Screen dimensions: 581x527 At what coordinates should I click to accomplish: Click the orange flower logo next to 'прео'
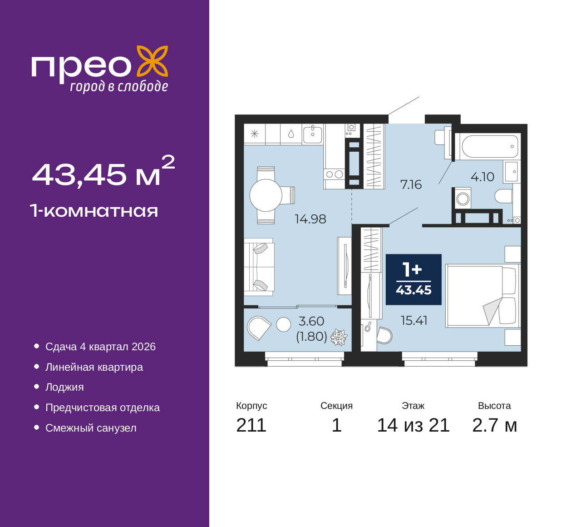[x=153, y=61]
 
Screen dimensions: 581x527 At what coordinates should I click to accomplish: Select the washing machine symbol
[x=463, y=199]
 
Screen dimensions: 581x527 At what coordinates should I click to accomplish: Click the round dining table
[x=266, y=195]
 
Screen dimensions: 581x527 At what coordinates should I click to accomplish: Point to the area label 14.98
[x=310, y=219]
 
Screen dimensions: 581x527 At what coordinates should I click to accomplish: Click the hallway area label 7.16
[x=411, y=184]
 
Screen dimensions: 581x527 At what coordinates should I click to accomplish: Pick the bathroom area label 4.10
[x=483, y=177]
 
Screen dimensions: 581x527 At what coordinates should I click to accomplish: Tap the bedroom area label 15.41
[x=414, y=321]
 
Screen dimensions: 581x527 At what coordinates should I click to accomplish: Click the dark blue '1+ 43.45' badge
[x=414, y=279]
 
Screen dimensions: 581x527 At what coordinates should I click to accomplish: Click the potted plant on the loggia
[x=339, y=337]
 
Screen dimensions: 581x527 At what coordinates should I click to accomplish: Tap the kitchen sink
[x=312, y=134]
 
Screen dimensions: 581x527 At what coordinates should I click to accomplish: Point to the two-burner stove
[x=334, y=174]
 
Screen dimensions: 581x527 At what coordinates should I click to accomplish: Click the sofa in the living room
[x=259, y=267]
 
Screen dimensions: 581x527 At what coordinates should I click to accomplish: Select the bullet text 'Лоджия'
[x=64, y=387]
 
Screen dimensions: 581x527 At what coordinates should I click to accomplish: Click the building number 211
[x=251, y=425]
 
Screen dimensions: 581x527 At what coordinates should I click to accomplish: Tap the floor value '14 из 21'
[x=414, y=425]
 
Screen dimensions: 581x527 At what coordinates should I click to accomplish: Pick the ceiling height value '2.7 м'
[x=494, y=425]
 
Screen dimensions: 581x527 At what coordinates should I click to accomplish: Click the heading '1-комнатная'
[x=94, y=211]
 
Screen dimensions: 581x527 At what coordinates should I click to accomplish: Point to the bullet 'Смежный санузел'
[x=91, y=428]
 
